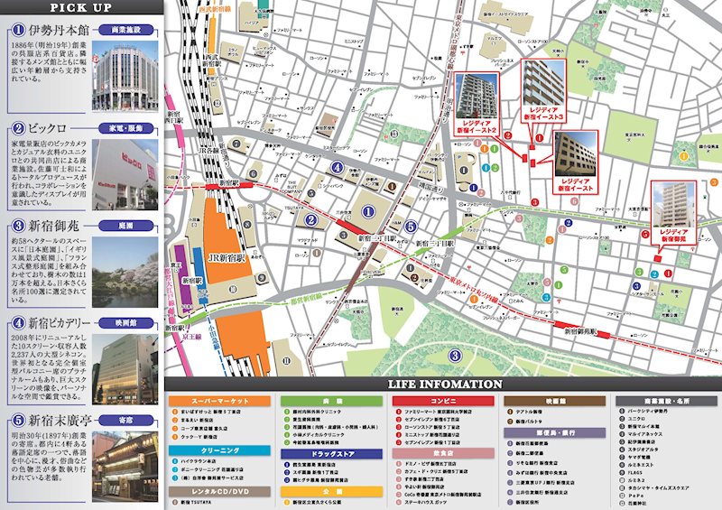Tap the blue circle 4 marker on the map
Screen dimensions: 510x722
pyautogui.click(x=337, y=168)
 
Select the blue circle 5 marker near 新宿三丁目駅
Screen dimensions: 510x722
pyautogui.click(x=411, y=227)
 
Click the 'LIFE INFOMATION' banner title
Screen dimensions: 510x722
pyautogui.click(x=444, y=384)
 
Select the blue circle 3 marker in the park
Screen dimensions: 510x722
pyautogui.click(x=456, y=355)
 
